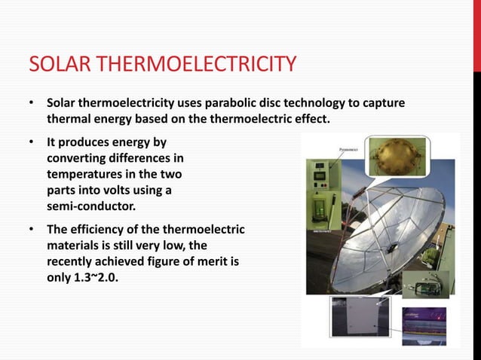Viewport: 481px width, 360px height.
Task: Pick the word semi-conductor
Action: tap(86, 206)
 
